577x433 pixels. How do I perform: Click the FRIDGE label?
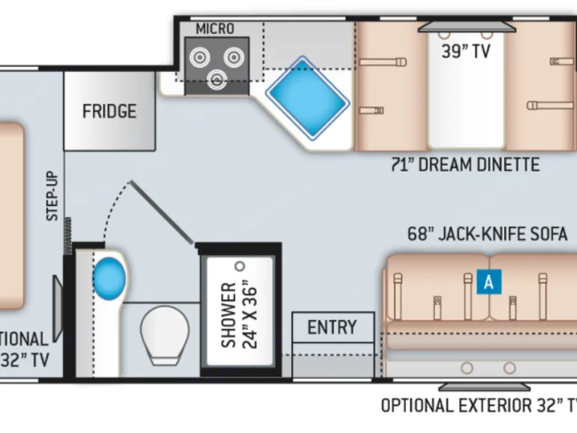pos(110,111)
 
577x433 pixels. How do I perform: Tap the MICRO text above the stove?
pos(215,29)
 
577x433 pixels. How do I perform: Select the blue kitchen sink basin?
pos(308,96)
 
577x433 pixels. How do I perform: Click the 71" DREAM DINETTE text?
pos(465,165)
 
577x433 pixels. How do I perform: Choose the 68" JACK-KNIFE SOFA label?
pos(488,234)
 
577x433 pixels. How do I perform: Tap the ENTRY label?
pos(332,327)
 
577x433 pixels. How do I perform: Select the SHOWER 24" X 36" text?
pos(239,314)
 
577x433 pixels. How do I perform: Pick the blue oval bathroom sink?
pos(109,276)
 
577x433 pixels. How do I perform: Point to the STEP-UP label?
pos(53,197)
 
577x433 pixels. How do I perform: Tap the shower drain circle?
pos(240,266)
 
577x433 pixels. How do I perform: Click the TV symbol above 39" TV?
pos(467,27)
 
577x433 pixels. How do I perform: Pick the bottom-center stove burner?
pos(218,78)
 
